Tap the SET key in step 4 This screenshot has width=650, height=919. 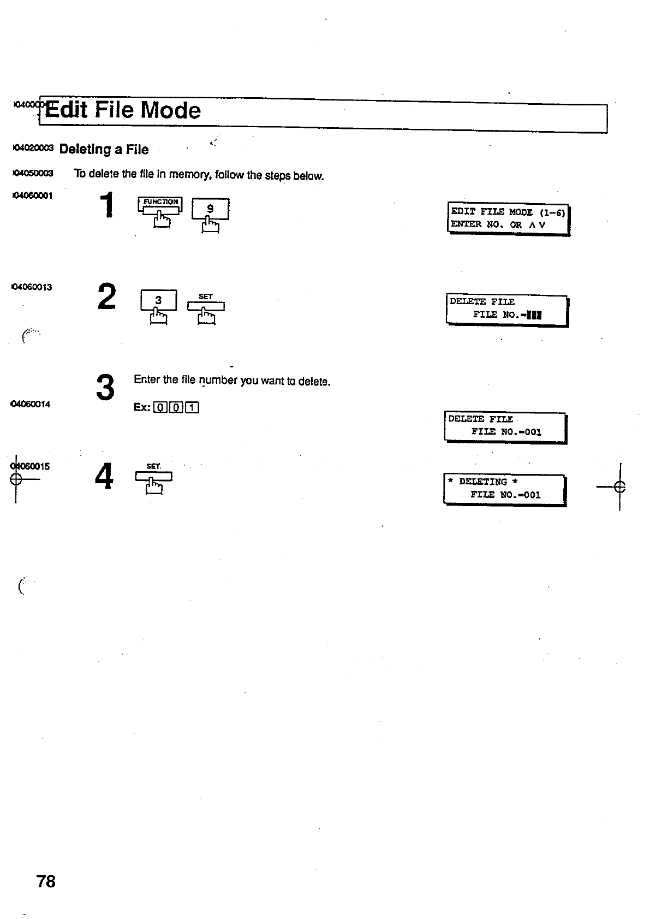click(153, 475)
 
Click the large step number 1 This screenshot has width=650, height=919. click(109, 205)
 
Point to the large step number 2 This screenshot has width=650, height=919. click(107, 297)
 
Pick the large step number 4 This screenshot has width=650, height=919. click(104, 476)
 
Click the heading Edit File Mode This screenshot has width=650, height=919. click(123, 110)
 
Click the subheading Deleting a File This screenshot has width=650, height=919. click(104, 149)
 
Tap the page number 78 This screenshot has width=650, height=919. click(46, 881)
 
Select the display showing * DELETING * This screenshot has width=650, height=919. click(504, 489)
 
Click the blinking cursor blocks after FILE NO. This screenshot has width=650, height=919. click(532, 315)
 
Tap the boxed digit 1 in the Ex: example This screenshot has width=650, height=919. click(193, 407)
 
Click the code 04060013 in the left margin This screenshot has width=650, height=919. click(32, 287)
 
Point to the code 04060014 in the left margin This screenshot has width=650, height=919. click(31, 404)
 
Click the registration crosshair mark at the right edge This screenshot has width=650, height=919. click(619, 486)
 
